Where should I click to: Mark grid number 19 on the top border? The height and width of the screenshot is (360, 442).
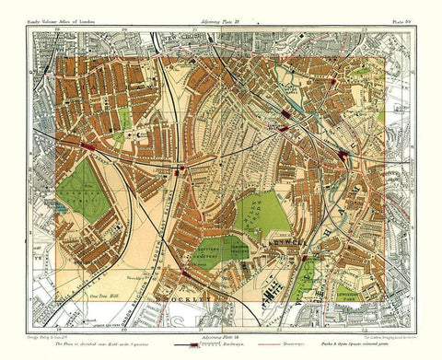[x=58, y=30]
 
